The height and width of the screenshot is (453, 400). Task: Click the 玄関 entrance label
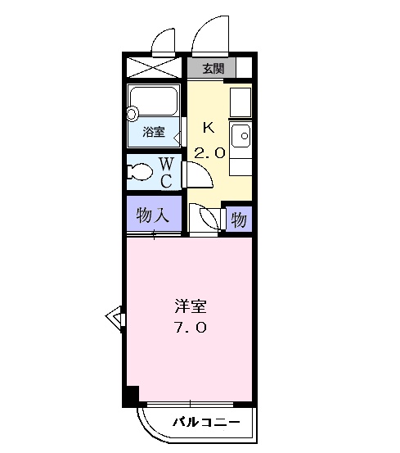(x=212, y=67)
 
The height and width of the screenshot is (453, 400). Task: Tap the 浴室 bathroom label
(x=155, y=131)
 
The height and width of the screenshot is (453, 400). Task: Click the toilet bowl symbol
(x=142, y=173)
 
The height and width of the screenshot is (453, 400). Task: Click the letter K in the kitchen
(x=209, y=126)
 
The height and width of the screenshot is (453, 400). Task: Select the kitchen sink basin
(x=240, y=135)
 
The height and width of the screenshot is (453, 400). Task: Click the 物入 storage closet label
(x=153, y=215)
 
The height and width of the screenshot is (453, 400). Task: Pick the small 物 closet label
(x=238, y=219)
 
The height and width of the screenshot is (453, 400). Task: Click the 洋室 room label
(x=190, y=308)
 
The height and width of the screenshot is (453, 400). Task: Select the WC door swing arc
(x=196, y=174)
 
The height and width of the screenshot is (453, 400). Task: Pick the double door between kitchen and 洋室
(x=205, y=219)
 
